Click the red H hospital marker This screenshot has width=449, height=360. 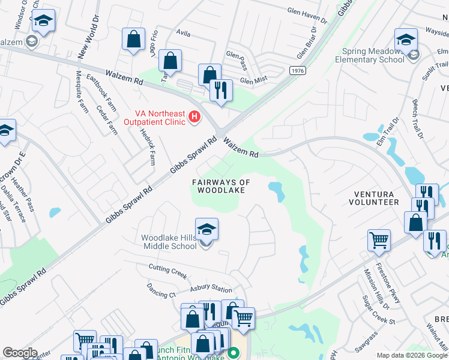194,116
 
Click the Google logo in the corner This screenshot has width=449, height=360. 20,353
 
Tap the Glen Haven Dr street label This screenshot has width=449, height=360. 307,20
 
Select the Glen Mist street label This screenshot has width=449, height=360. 252,80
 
